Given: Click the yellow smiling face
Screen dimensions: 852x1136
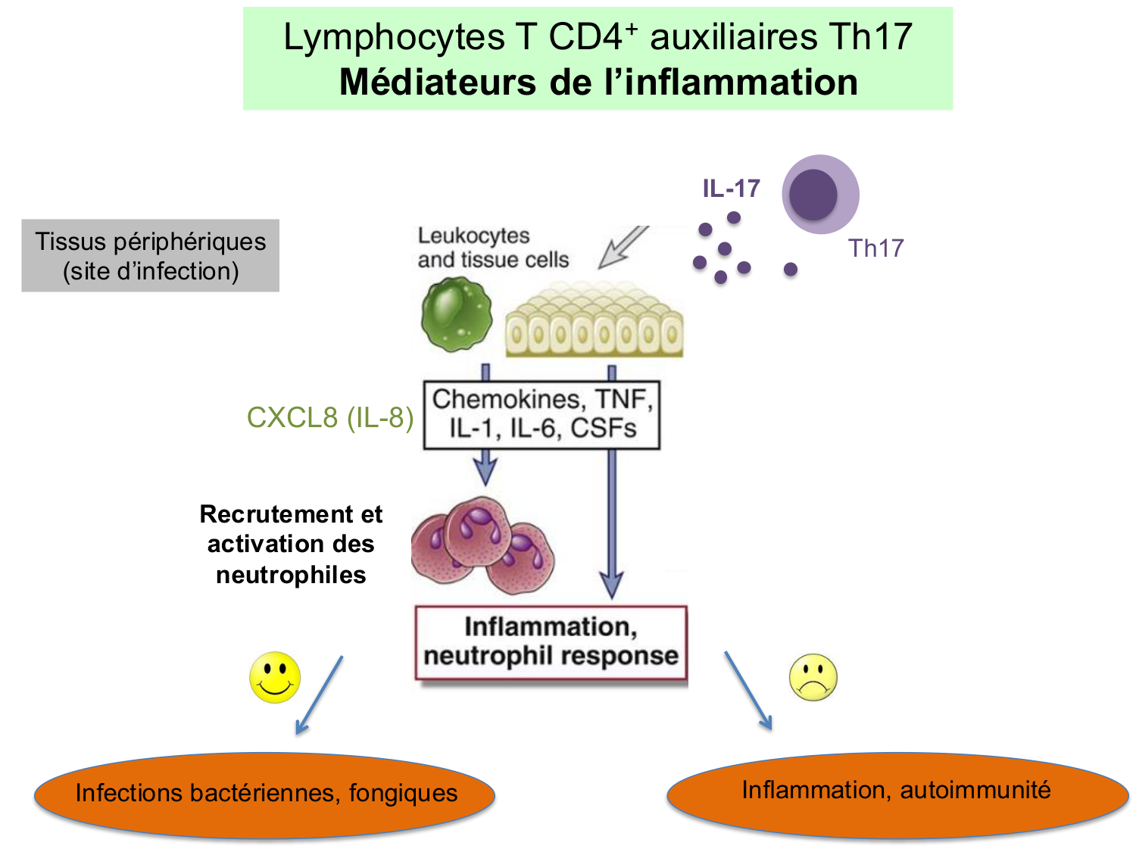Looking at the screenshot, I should coord(275,677).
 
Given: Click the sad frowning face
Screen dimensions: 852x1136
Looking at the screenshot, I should coord(813,677).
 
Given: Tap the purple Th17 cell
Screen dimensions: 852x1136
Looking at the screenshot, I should coord(819,195).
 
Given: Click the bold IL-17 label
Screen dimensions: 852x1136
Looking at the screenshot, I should coord(731,189).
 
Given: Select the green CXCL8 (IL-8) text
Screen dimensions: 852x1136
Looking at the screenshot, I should coord(330,417).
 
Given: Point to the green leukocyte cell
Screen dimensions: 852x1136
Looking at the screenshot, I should coord(456,314).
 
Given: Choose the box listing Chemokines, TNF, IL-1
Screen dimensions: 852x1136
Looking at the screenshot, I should coord(541,414).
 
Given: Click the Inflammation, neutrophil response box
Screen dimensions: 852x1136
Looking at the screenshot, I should coord(551,642).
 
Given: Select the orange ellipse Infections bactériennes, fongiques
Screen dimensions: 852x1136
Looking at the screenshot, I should coord(265,794).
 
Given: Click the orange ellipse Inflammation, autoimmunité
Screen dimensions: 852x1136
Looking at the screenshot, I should coord(897,792).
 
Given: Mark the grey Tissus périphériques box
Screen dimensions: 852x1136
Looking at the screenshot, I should coord(151,256).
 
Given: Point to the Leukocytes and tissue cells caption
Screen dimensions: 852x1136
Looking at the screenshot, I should coord(492,248).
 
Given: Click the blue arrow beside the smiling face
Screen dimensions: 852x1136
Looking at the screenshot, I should coord(319,695).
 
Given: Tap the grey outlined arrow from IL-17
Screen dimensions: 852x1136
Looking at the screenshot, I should coord(623,246).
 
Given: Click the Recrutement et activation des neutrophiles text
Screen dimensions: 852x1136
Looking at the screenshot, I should coord(291,544).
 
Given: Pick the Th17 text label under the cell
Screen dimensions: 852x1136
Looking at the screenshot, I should coord(875,248).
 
